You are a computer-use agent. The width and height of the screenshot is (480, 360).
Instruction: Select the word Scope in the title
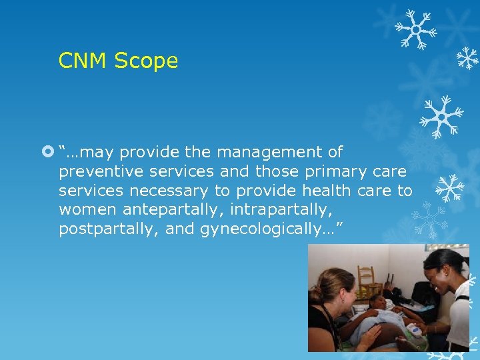(x=146, y=61)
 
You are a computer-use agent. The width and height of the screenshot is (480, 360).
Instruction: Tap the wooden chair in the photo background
(x=366, y=281)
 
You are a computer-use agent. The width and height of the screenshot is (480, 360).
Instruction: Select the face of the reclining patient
(x=379, y=303)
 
